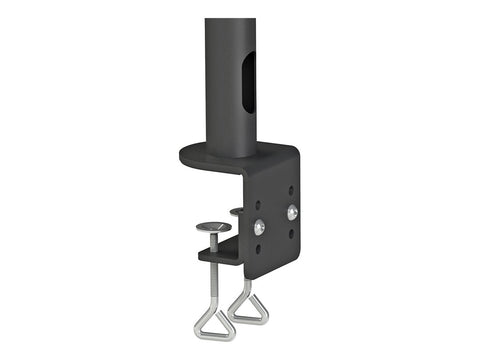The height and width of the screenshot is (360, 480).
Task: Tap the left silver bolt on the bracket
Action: tap(259, 226)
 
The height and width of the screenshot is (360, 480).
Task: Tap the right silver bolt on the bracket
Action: tap(291, 212)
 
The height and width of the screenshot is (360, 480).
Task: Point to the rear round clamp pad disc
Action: tap(237, 211)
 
